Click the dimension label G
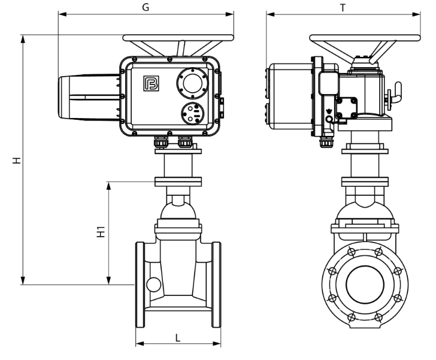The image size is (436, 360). [146, 7]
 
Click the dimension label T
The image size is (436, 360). [343, 8]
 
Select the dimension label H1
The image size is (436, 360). [101, 231]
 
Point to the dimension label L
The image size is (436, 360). [178, 338]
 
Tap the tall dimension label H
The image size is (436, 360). [17, 161]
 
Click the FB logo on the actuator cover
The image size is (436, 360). [151, 83]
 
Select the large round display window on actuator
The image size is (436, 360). [192, 83]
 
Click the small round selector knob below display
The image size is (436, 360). [192, 113]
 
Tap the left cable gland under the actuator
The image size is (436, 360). [161, 142]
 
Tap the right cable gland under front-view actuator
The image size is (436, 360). [184, 142]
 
